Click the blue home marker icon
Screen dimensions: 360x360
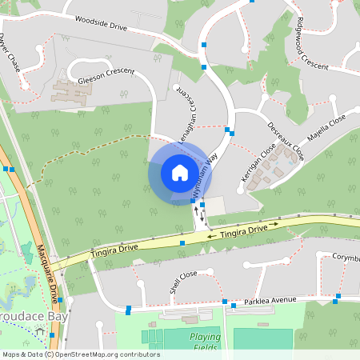[179, 172]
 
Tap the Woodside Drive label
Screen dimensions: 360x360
[102, 23]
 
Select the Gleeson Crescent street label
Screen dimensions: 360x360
[106, 77]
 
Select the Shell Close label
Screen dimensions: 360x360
[182, 282]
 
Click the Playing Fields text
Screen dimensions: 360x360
[205, 342]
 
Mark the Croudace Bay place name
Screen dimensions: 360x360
[34, 316]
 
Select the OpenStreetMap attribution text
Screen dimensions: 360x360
[80, 354]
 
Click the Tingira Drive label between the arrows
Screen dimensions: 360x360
[243, 230]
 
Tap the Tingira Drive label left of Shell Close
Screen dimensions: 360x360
[114, 250]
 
